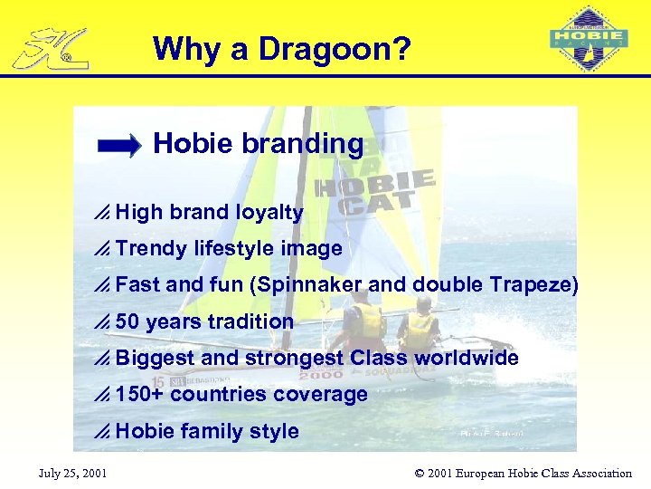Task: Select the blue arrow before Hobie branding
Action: tap(119, 145)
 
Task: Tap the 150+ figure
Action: tap(140, 394)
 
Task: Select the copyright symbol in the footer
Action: tap(420, 473)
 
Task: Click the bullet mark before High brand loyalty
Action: tap(102, 213)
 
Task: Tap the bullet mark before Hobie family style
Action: tap(102, 432)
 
